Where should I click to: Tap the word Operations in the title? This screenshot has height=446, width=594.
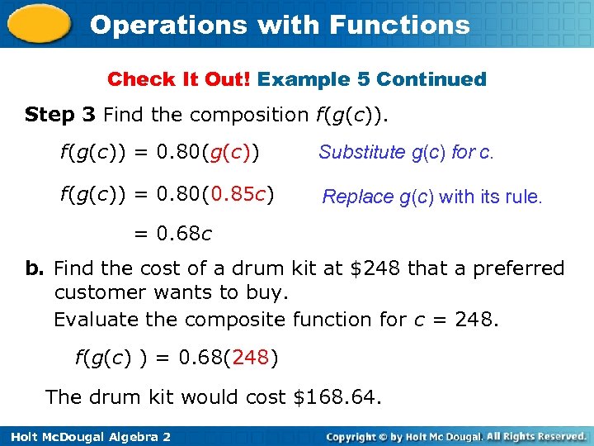pos(168,25)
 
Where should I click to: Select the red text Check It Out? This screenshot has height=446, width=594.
pos(179,80)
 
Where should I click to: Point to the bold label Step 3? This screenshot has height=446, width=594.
pos(61,114)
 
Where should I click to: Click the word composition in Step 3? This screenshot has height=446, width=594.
pos(254,114)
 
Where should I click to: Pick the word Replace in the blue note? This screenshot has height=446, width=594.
pos(358,197)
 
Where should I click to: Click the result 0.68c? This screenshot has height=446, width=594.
pos(184,235)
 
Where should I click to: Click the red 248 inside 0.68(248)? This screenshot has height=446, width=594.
pos(252,358)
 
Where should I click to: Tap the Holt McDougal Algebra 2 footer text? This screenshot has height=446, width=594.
pos(86,436)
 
